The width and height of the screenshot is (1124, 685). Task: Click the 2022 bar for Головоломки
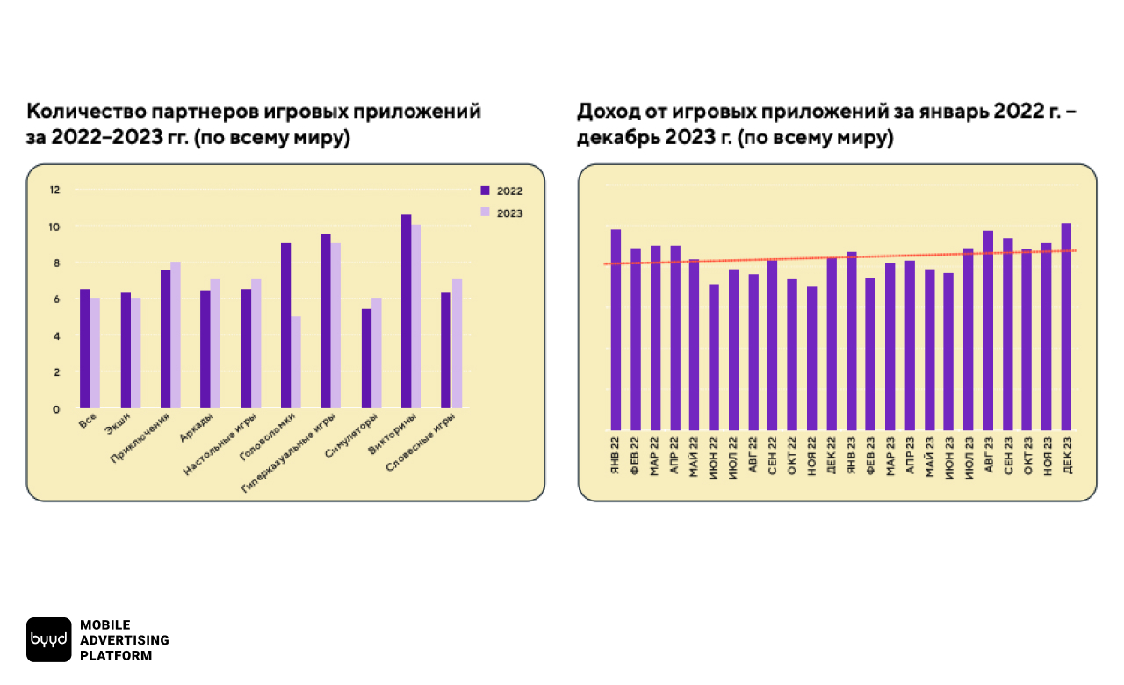point(286,326)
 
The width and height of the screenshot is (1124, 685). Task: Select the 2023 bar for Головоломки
point(296,362)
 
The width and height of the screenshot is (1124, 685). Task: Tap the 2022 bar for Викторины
point(407,312)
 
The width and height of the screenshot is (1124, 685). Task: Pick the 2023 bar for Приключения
point(176,335)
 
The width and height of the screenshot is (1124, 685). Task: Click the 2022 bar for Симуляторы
point(366,358)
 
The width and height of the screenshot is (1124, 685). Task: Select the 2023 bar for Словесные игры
point(457,343)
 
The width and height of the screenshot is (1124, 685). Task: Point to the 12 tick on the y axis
point(55,190)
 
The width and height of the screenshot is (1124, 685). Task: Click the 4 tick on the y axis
point(57,335)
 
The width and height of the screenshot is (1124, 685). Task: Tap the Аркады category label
point(194,436)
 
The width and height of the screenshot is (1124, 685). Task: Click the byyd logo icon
point(48,639)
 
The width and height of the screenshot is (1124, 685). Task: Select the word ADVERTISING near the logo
point(124,640)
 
